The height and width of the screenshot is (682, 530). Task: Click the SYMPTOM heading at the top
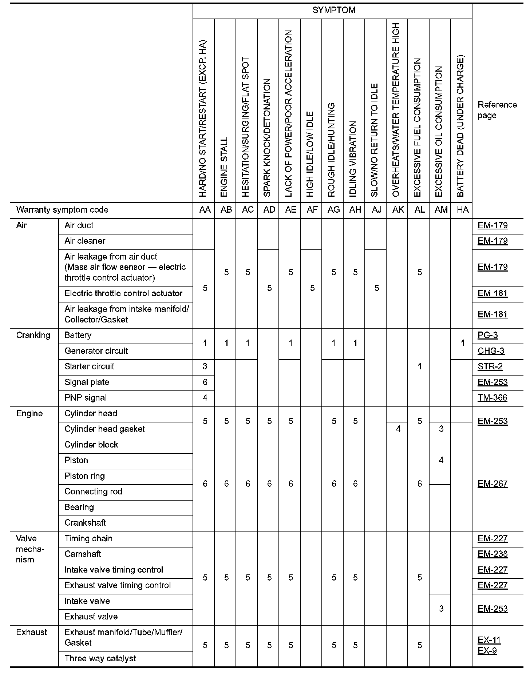click(333, 10)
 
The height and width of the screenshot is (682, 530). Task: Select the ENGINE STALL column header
click(224, 167)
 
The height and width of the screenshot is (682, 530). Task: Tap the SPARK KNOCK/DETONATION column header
click(267, 138)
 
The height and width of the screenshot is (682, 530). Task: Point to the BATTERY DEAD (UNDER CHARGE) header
click(460, 126)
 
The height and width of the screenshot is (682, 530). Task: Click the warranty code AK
click(398, 210)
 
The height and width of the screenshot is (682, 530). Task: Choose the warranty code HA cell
click(462, 210)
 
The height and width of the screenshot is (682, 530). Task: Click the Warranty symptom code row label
click(62, 210)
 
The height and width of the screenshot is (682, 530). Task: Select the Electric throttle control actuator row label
click(123, 293)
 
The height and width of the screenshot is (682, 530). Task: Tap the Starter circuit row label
click(89, 366)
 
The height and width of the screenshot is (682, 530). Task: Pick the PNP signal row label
click(86, 398)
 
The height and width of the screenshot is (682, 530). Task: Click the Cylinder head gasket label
click(104, 429)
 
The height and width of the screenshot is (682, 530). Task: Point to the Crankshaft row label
click(85, 523)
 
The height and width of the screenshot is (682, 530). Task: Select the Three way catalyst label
click(100, 658)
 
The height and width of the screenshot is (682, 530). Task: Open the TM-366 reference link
click(492, 398)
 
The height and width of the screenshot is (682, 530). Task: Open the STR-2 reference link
click(490, 366)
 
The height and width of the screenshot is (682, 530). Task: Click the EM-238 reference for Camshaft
click(492, 554)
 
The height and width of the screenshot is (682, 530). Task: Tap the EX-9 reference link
click(487, 650)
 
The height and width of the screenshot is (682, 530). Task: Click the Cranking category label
click(33, 335)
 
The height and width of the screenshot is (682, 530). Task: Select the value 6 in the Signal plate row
click(205, 382)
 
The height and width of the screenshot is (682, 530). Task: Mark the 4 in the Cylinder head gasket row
click(398, 429)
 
